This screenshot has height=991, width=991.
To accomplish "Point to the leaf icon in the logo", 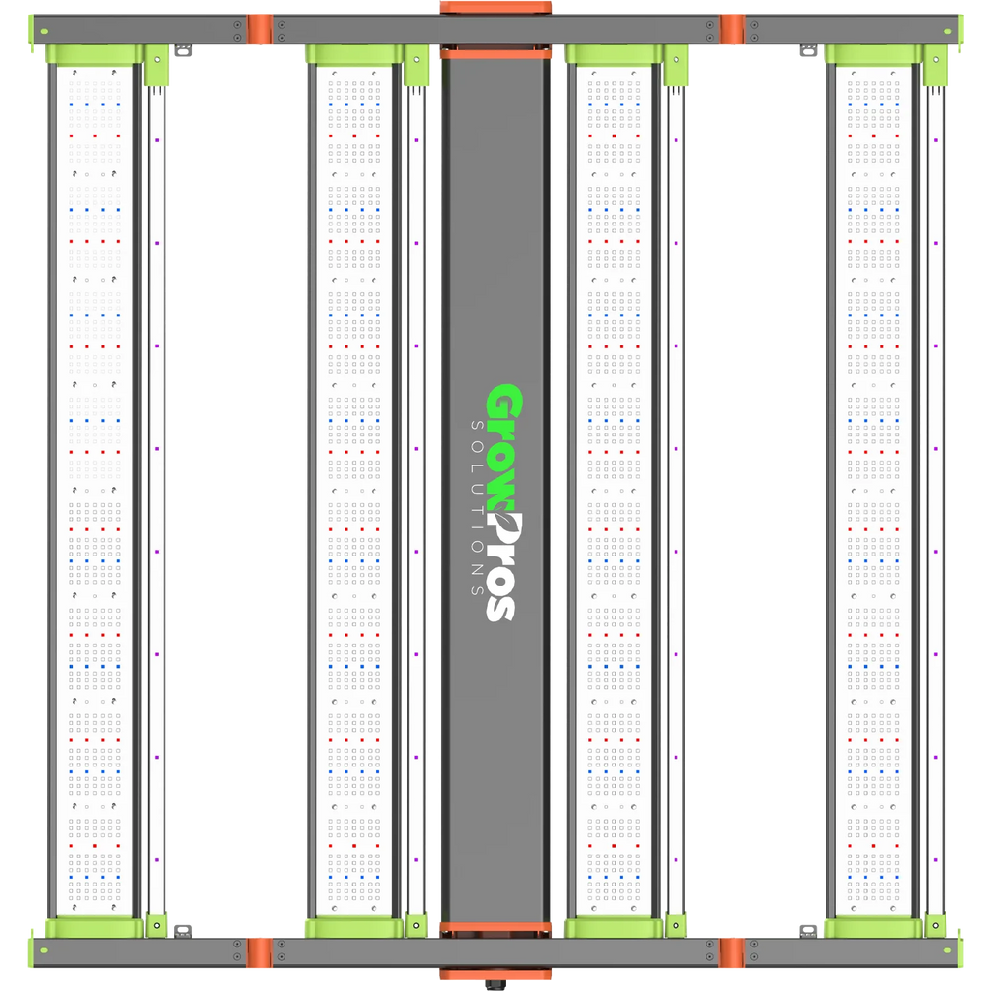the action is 502,513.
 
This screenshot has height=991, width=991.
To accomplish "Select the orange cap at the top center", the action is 495,7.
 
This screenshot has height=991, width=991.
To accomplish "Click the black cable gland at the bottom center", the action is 495,984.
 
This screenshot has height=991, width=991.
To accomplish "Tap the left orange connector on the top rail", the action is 259,29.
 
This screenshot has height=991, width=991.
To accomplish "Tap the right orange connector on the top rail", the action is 732,29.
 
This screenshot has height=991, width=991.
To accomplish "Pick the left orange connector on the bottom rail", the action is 259,952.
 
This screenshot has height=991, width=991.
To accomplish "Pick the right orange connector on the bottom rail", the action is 732,952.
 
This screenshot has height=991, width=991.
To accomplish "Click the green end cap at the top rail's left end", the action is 31,30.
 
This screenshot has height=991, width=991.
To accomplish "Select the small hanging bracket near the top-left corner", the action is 183,50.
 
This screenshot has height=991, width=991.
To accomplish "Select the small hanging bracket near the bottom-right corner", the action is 808,931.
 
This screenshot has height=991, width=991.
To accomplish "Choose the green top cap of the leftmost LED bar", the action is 95,54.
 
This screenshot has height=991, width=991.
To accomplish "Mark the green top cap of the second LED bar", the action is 354,54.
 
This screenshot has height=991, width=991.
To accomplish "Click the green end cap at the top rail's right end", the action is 960,30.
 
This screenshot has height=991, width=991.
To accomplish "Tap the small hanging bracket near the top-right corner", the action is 808,50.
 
